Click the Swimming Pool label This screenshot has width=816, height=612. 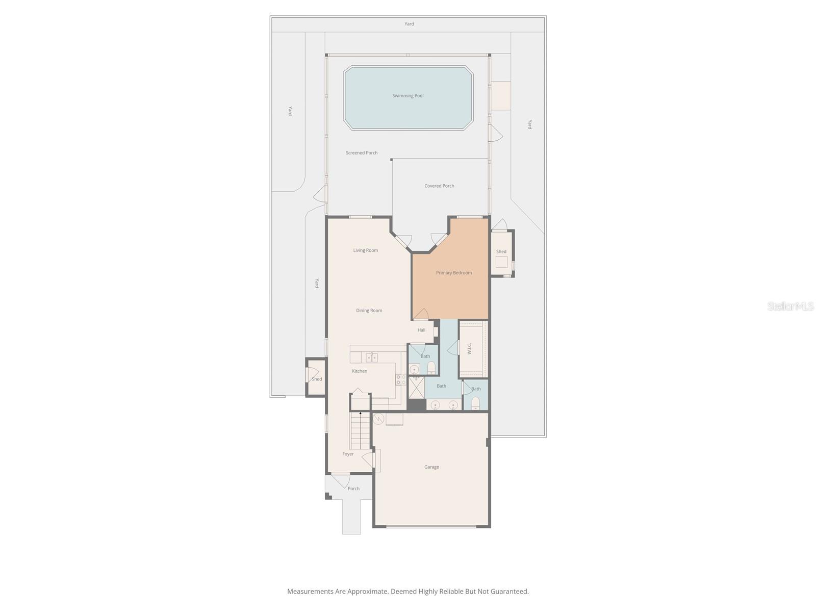coord(407,96)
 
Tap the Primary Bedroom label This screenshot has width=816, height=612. coord(453,273)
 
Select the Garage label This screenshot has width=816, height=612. coord(431,467)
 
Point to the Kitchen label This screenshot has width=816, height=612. coord(360,371)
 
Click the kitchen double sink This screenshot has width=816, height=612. coord(371,358)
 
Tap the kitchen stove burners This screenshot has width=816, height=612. coord(400,379)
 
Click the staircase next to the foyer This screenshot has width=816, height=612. coord(360,431)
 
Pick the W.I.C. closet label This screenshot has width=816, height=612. coord(469,348)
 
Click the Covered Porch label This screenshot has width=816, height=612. coord(439,186)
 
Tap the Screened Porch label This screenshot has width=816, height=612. coord(362,153)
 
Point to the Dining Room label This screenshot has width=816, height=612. coord(369,311)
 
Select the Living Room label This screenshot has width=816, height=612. coord(366,250)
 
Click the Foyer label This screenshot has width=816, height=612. coord(348,454)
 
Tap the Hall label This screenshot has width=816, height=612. coord(421,330)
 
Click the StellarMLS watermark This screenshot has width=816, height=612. coord(790,307)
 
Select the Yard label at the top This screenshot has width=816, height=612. coord(409,24)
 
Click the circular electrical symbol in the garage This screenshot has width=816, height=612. coord(378,419)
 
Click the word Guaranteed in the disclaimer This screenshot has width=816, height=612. coord(509,592)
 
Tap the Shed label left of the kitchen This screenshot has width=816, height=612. coord(317,379)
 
